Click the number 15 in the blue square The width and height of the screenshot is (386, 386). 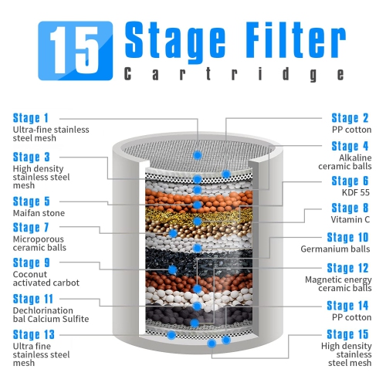(x=74, y=50)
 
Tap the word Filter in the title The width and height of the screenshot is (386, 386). (x=296, y=39)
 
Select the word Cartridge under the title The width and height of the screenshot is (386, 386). (x=234, y=74)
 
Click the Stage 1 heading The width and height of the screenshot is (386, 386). (x=31, y=118)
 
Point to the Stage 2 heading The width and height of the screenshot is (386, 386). (x=350, y=118)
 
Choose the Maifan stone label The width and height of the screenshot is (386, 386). (x=39, y=213)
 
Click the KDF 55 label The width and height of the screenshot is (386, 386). (x=356, y=192)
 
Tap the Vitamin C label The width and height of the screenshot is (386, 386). (x=350, y=219)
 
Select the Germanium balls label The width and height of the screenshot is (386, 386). (x=335, y=249)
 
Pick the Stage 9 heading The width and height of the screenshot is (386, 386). (x=31, y=262)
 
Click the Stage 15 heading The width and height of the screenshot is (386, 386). (x=347, y=334)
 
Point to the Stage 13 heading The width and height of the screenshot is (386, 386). (x=34, y=335)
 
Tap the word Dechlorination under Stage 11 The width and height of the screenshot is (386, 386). (x=43, y=310)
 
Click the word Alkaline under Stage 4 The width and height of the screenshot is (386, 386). (x=355, y=157)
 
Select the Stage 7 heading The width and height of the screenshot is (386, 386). (x=31, y=228)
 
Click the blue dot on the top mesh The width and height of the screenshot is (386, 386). (x=198, y=155)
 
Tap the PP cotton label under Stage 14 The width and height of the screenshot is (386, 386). (x=352, y=317)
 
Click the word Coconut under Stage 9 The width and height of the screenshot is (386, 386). (x=30, y=274)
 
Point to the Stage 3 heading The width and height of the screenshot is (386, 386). (x=31, y=157)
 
